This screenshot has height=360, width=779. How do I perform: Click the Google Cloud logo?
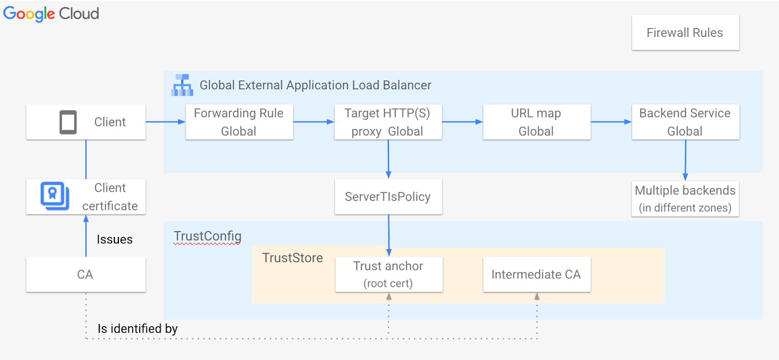(x=51, y=14)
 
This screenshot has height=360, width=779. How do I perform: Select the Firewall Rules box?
(x=685, y=33)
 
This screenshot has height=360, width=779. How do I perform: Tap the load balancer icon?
(x=182, y=85)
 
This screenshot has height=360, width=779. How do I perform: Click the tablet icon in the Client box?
(x=68, y=123)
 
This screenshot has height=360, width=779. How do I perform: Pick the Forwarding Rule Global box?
(x=239, y=122)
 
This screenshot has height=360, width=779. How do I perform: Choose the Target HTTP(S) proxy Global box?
(x=388, y=122)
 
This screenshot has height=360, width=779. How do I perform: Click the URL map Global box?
(x=536, y=122)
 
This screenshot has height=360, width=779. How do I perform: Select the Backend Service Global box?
(x=685, y=122)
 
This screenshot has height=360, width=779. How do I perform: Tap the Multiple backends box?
(x=685, y=198)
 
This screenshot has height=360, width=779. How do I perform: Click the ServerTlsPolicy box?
(x=388, y=197)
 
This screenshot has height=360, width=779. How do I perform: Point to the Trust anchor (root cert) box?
(x=388, y=274)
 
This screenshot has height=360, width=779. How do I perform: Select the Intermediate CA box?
(x=536, y=274)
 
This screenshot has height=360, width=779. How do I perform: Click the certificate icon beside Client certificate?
(x=55, y=196)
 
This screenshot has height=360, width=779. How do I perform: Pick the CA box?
(x=86, y=274)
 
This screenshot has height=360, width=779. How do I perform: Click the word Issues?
(x=114, y=239)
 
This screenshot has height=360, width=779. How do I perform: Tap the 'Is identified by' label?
(x=138, y=329)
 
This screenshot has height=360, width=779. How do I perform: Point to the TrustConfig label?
(x=207, y=236)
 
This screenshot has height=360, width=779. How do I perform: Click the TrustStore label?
(x=292, y=258)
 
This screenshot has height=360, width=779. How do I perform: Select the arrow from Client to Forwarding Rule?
(x=165, y=122)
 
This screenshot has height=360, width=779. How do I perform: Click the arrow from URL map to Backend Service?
(x=611, y=122)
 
